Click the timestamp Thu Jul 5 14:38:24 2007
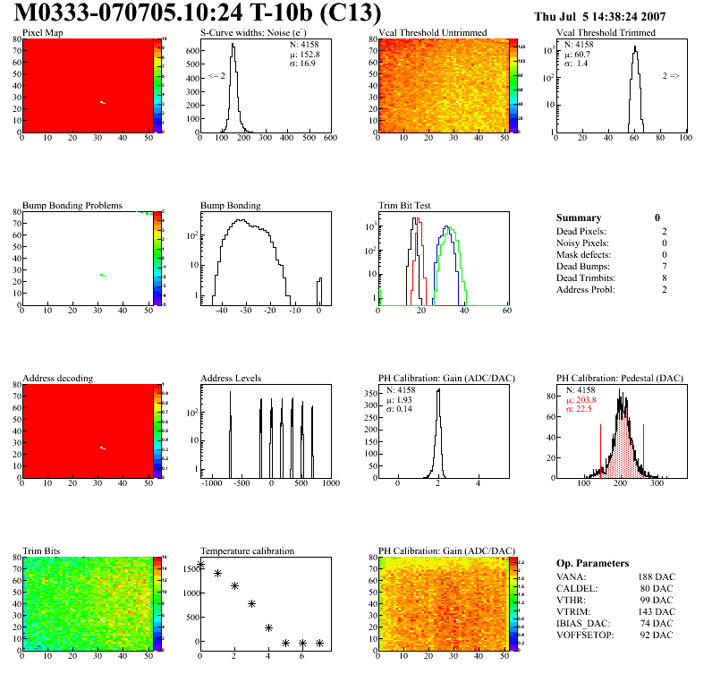coord(612,16)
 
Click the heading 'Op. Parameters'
coord(592,563)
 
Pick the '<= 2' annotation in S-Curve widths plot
coord(216,76)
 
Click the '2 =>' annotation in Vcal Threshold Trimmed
coord(671,76)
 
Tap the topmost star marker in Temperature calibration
coord(200,565)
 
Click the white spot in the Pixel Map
coord(103,102)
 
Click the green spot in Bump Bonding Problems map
coord(103,275)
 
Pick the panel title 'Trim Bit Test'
coord(405,205)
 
